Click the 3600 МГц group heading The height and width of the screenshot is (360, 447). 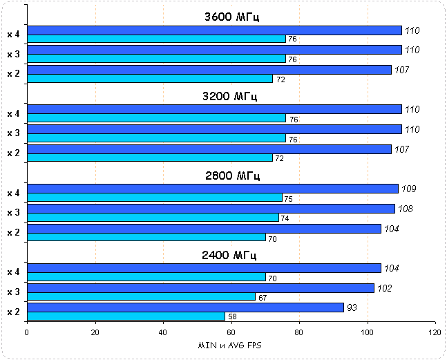231,17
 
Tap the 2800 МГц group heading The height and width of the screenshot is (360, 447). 231,176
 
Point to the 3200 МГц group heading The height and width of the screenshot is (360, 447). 231,96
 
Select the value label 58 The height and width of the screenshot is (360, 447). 232,316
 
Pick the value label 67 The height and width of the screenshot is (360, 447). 263,297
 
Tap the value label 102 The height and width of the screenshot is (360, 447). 386,288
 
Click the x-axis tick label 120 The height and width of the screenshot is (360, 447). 435,332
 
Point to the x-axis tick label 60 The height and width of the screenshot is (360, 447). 231,332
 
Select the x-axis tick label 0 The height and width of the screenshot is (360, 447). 27,332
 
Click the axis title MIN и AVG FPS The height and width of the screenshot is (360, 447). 231,345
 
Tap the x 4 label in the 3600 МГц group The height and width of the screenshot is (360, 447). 13,34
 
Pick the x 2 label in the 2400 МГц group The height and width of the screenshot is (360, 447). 13,312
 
